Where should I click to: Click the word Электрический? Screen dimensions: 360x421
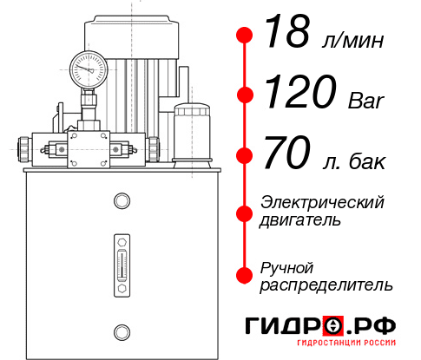322,202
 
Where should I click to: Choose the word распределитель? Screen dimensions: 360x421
326,284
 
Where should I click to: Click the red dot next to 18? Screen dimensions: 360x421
246,36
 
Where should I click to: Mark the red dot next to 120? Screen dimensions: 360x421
246,95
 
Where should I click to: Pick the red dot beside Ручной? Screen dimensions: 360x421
246,274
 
